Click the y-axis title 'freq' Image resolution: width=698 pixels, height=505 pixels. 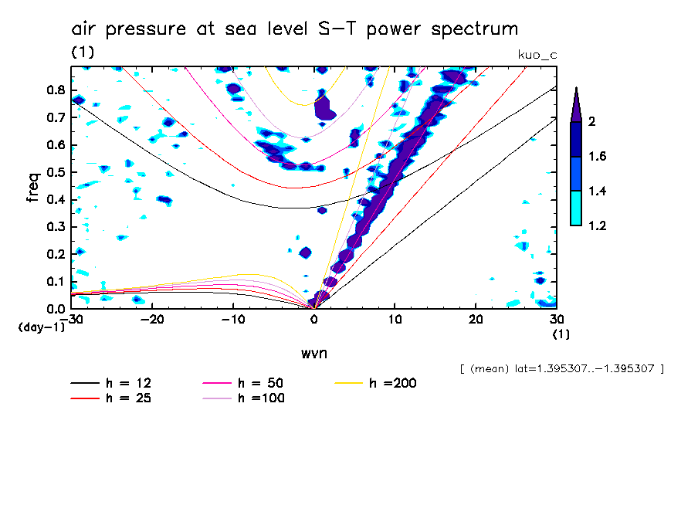(33, 188)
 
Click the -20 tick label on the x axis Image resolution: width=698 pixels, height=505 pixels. (153, 320)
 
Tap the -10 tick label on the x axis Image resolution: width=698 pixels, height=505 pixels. (233, 320)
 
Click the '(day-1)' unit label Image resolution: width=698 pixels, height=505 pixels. (41, 327)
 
